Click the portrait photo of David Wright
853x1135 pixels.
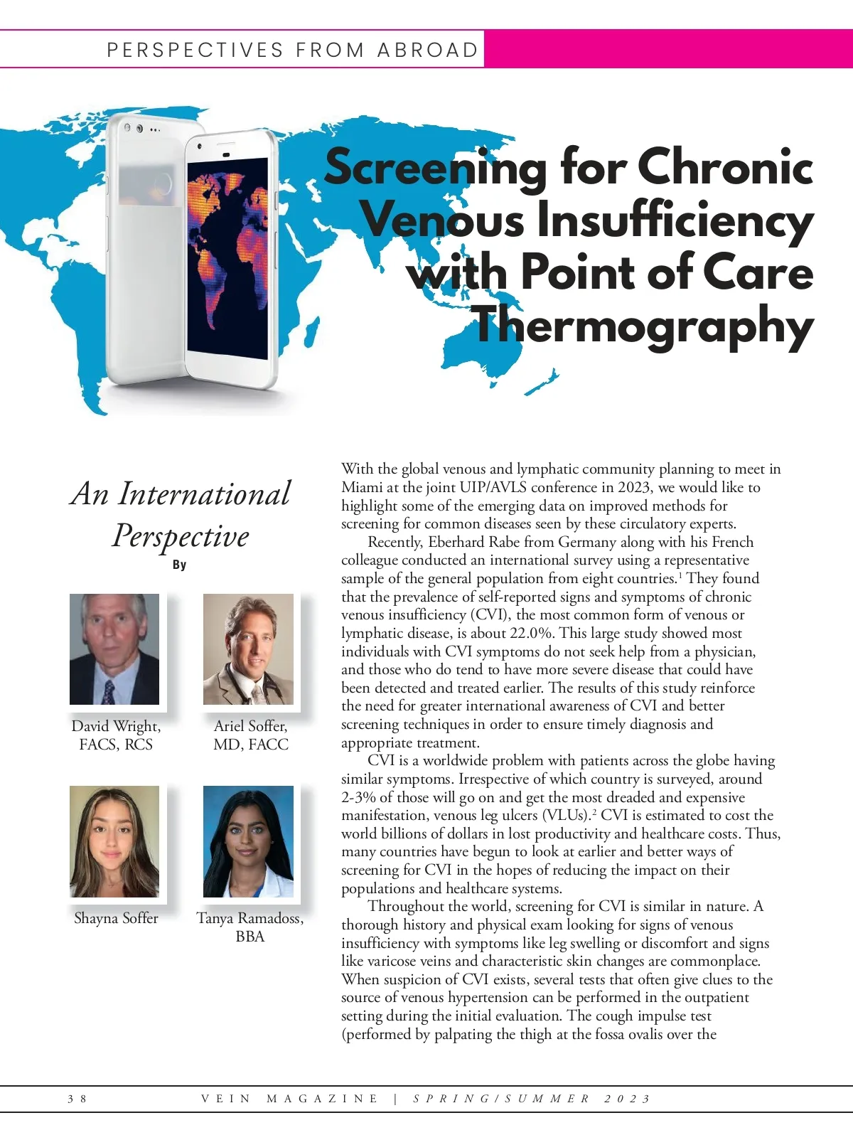point(114,649)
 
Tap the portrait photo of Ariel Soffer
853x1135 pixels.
point(248,649)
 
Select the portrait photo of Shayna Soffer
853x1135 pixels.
point(114,841)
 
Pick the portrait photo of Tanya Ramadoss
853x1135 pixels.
point(248,841)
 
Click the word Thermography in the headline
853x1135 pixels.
point(643,326)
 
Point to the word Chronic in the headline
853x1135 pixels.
point(725,168)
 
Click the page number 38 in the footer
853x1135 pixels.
point(77,1099)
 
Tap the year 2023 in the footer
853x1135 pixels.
point(628,1099)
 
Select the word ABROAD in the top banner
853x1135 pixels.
point(428,50)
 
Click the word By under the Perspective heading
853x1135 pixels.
point(179,565)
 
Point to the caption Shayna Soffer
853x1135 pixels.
point(116,918)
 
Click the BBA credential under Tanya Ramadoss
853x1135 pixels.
point(250,937)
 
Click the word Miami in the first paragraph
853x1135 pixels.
point(362,488)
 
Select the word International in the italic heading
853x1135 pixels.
point(205,494)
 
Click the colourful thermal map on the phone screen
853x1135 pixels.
point(227,256)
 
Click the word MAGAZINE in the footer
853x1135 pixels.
point(323,1099)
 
